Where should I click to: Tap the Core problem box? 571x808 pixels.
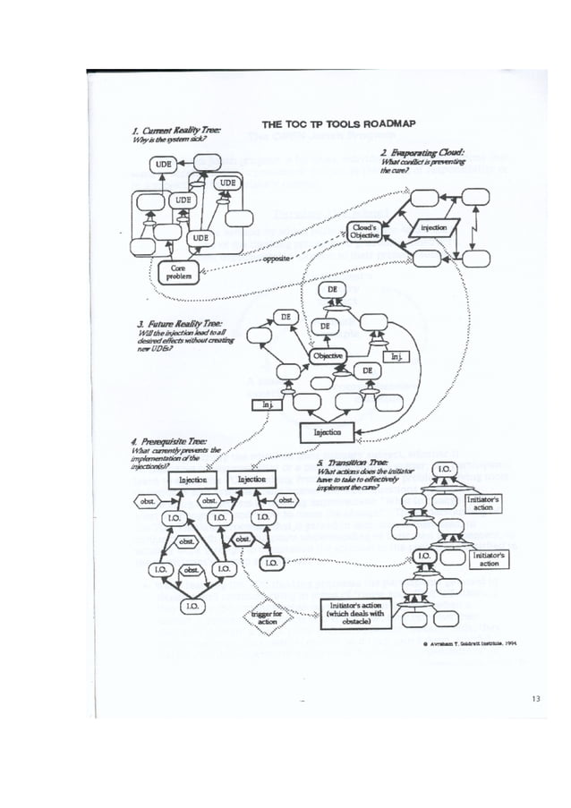click(177, 272)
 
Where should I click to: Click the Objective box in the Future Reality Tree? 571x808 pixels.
click(328, 356)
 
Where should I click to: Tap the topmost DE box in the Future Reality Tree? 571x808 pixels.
click(332, 291)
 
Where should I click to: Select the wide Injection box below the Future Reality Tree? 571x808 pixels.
click(328, 433)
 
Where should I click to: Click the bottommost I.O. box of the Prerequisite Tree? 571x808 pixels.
click(192, 606)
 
